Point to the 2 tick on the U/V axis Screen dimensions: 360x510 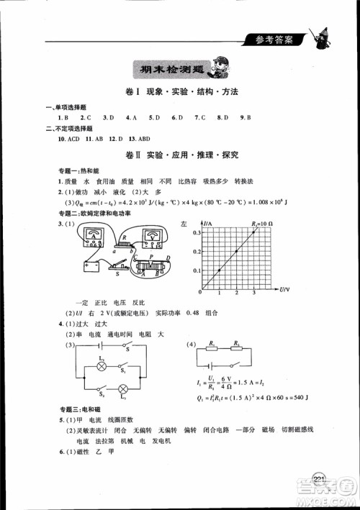tap(237, 294)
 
